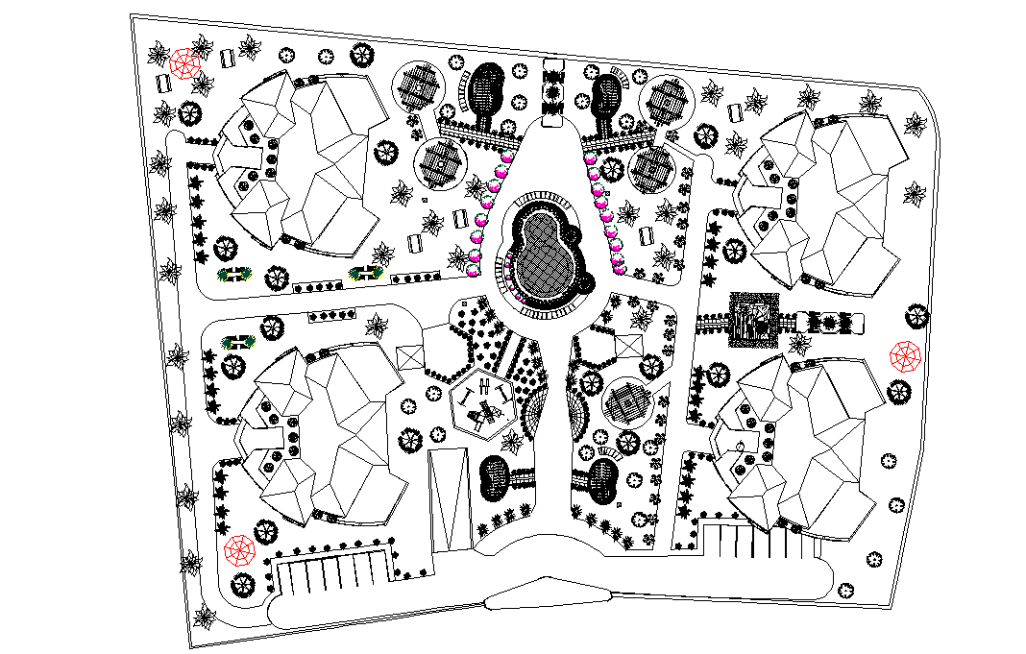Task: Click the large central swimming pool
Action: coord(543,255)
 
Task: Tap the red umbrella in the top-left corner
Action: coord(183,64)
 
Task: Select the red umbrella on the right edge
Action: coord(905,355)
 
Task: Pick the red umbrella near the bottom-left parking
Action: coord(238,550)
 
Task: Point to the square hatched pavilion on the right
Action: coord(755,320)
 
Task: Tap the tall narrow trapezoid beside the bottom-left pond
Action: coord(448,499)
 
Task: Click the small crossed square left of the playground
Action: coord(408,355)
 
